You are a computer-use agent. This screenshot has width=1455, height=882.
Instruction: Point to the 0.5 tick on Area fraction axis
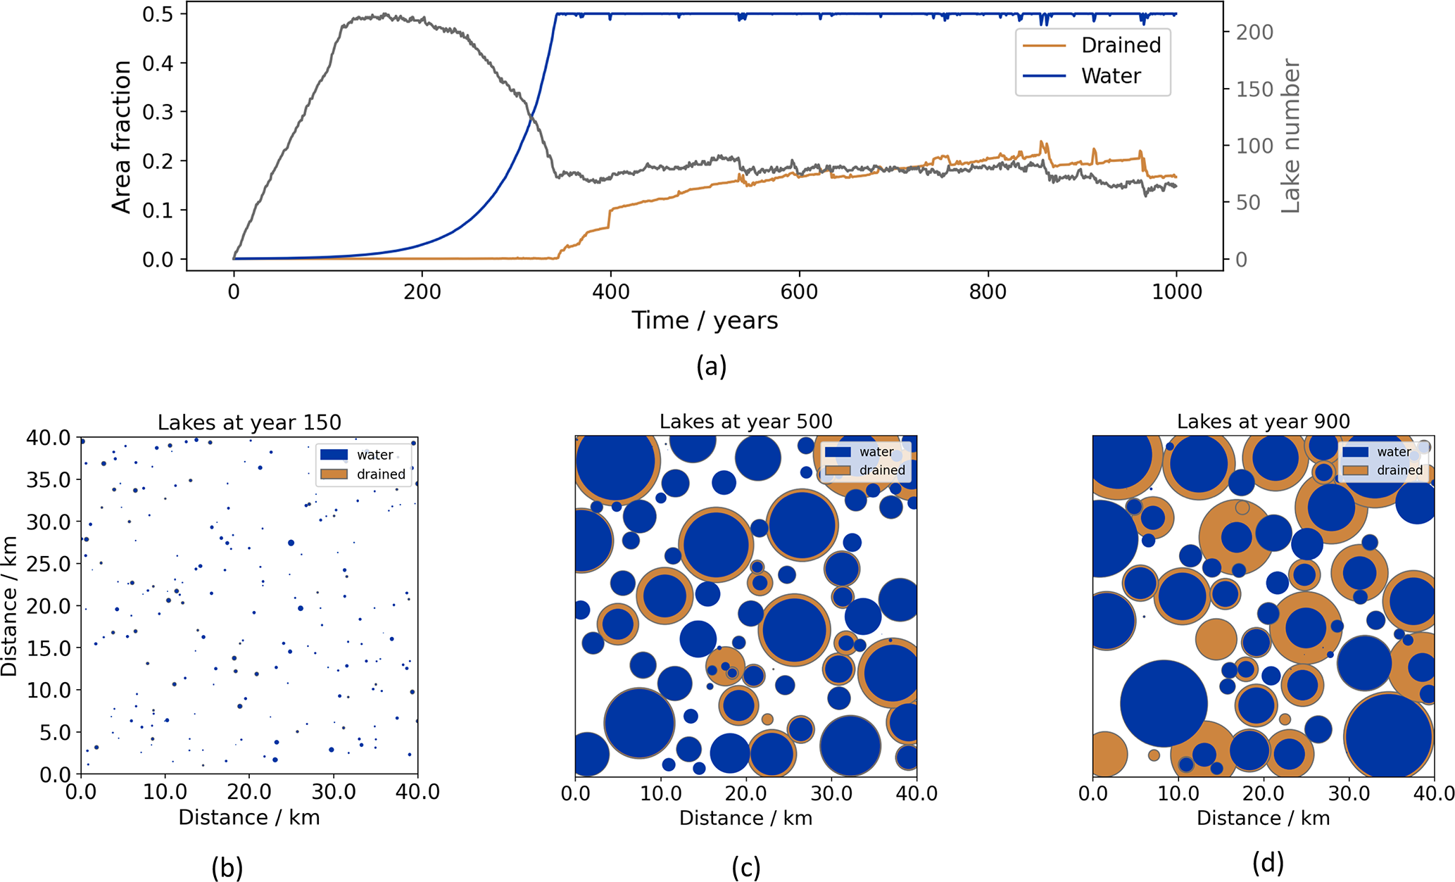point(158,14)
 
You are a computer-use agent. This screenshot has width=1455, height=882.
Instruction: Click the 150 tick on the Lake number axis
point(1255,89)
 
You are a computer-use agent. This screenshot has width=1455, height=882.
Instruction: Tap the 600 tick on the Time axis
point(800,291)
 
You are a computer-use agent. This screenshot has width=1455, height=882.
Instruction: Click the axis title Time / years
point(705,321)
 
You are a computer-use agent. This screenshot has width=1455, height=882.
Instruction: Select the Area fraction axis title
point(122,137)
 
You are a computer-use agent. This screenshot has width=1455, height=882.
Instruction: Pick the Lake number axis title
point(1290,136)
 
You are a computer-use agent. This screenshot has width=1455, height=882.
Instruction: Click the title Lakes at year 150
point(249,422)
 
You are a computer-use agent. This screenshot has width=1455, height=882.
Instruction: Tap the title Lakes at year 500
point(745,422)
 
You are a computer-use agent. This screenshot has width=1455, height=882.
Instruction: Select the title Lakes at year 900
point(1263,422)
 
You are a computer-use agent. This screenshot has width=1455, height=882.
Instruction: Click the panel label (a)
point(711,366)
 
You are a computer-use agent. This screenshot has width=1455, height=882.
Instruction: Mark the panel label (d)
point(1268,862)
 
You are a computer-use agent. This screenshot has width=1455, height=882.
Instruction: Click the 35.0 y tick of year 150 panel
point(49,480)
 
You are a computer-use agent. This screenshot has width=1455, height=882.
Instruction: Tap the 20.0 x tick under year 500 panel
point(746,794)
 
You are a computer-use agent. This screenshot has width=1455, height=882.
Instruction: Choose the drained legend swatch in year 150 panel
point(334,474)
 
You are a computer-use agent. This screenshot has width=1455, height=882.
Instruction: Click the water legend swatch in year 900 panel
point(1355,452)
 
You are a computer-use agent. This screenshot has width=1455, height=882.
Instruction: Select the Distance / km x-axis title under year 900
point(1263,818)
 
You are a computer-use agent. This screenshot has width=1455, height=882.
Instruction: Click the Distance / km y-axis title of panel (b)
point(10,605)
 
